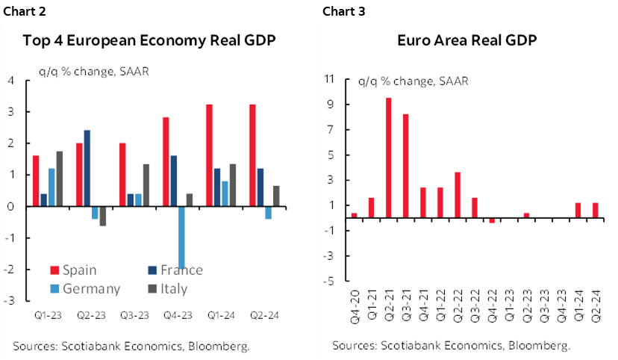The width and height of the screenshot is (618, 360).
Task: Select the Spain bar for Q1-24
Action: [209, 155]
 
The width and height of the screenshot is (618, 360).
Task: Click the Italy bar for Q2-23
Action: [102, 216]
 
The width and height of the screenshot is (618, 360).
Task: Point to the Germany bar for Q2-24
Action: [268, 213]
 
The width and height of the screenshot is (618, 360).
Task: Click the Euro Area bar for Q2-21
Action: [389, 158]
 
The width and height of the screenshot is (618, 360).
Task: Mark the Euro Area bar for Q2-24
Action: [594, 211]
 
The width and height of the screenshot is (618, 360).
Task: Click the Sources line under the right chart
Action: [452, 346]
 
